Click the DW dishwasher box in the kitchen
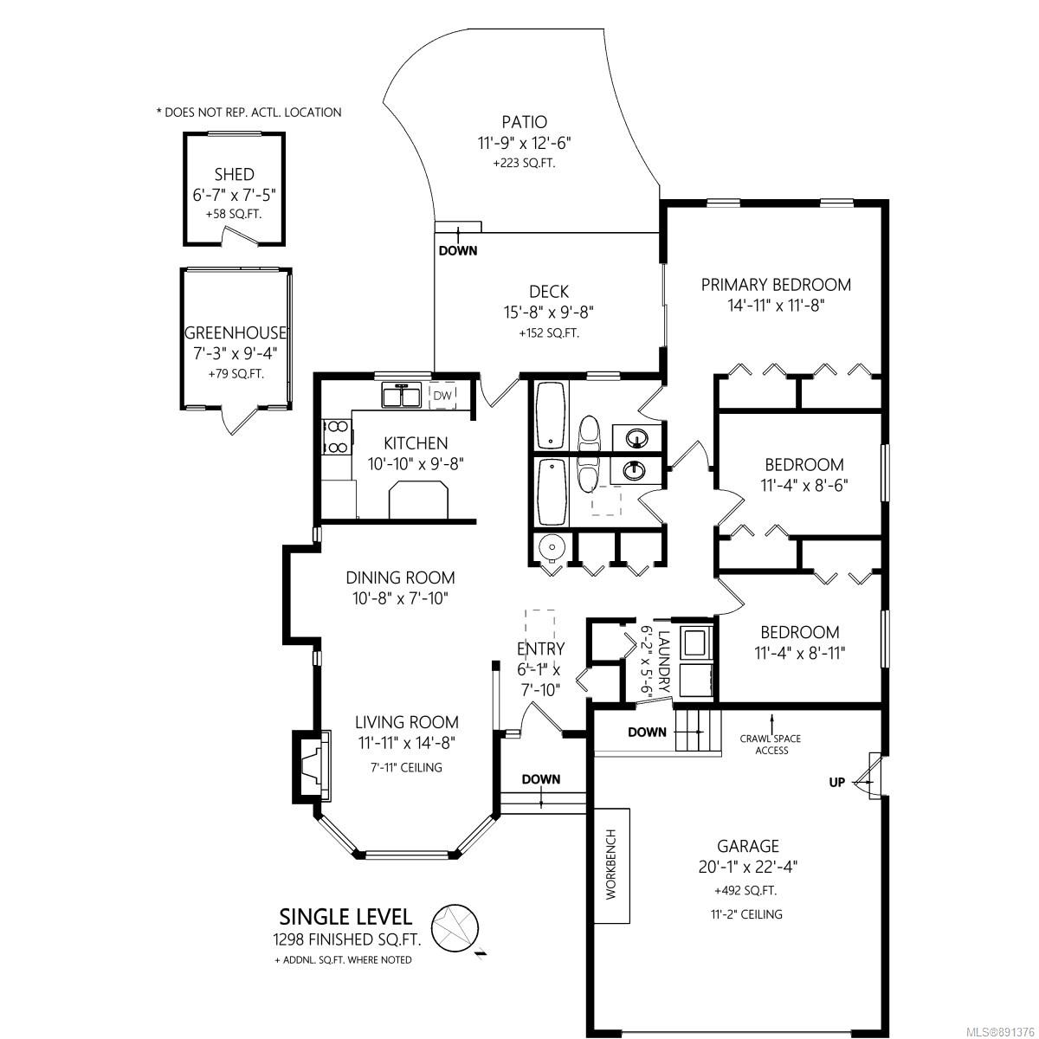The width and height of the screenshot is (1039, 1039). tap(442, 396)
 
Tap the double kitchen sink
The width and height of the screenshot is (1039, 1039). tap(401, 395)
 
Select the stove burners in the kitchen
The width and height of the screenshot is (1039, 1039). tap(337, 436)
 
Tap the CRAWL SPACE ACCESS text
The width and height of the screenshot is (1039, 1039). tap(771, 744)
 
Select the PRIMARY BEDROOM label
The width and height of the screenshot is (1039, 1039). tap(776, 285)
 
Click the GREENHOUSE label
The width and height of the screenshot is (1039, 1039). tap(236, 332)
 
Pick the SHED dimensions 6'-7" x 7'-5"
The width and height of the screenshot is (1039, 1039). tap(235, 195)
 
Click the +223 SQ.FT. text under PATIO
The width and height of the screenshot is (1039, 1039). tap(524, 163)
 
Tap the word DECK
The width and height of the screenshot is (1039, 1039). tap(549, 292)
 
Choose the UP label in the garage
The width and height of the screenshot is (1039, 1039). tap(836, 783)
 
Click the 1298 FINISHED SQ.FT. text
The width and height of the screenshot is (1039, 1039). tap(346, 939)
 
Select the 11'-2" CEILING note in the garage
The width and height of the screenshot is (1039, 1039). tap(746, 914)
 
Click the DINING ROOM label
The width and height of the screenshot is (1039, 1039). tap(400, 578)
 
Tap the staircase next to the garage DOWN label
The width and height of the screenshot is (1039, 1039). tap(698, 732)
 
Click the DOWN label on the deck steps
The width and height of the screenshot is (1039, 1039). tap(458, 251)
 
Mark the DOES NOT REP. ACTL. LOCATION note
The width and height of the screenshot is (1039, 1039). tap(249, 113)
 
